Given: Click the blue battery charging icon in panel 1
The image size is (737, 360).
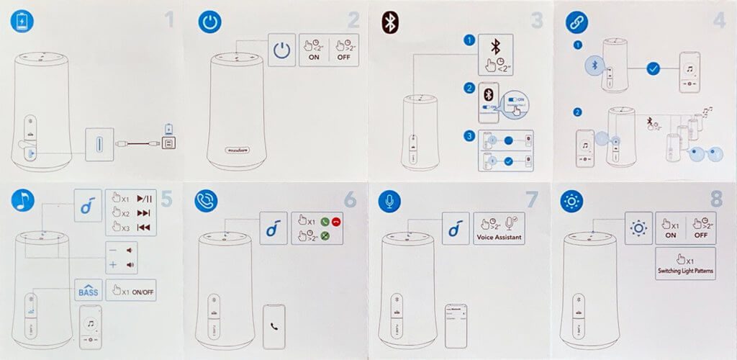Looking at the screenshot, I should (21, 22).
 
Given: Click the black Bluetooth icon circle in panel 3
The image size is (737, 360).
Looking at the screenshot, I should (390, 22).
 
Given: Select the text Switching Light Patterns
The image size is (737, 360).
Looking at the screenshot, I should (685, 270).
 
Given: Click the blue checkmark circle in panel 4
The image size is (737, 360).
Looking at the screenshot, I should (653, 70).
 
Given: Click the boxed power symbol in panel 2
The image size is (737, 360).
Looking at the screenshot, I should (283, 50).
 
